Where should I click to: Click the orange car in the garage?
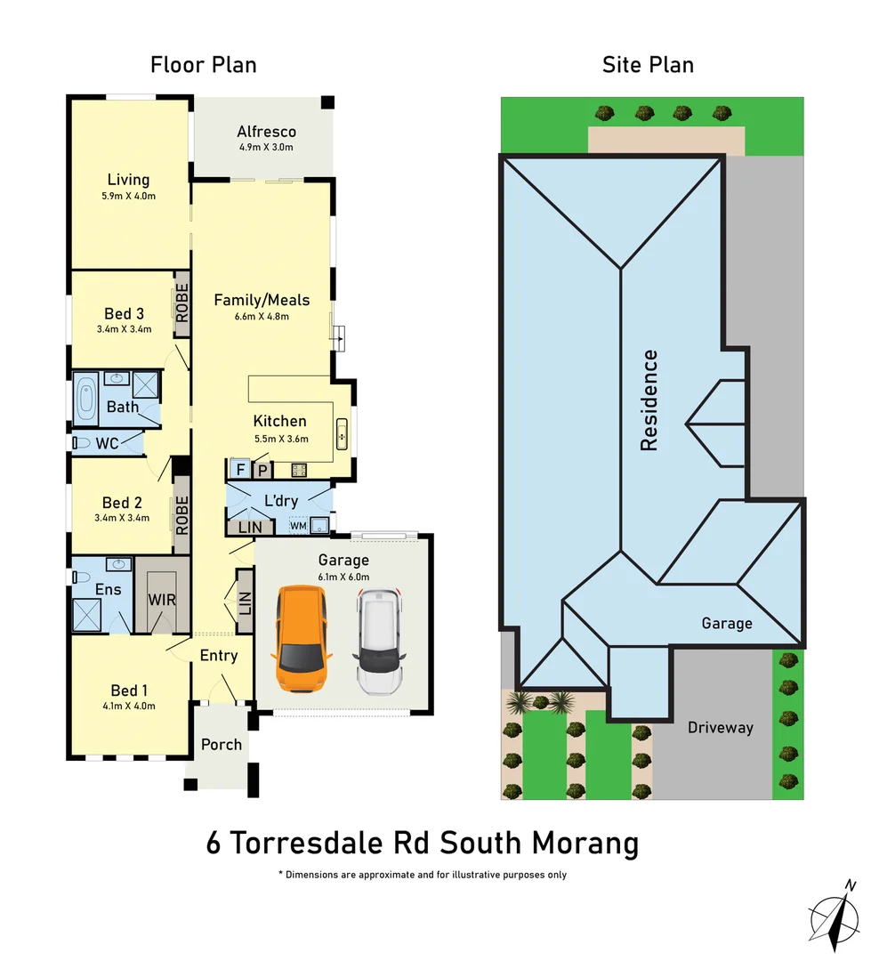[302, 640]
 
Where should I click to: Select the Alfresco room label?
[266, 133]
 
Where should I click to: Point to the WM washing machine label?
[298, 527]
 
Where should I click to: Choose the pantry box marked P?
[263, 469]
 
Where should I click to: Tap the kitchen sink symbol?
[342, 435]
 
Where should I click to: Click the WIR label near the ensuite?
[162, 600]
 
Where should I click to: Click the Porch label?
[222, 744]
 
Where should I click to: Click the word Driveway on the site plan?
[720, 728]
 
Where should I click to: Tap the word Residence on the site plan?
[649, 400]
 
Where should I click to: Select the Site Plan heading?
[648, 65]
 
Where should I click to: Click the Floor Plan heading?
[203, 65]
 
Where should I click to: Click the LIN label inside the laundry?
[250, 527]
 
